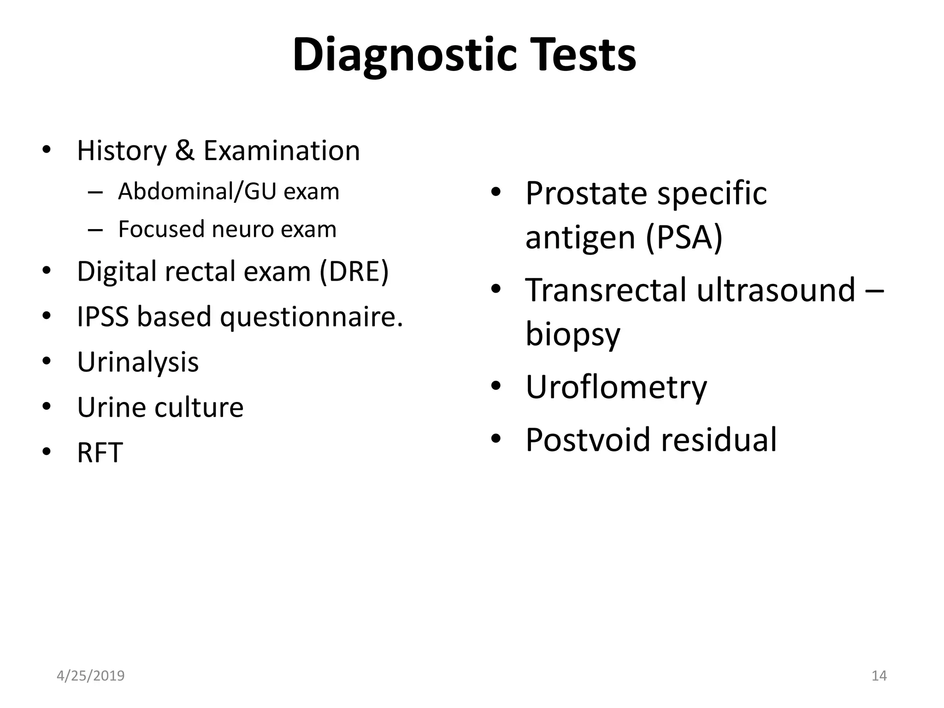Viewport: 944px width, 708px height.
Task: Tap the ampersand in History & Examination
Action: [x=185, y=151]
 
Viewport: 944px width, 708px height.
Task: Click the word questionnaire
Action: [x=312, y=318]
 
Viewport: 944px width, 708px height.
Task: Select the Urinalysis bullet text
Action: [x=138, y=362]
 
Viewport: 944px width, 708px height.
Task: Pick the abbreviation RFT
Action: [x=100, y=453]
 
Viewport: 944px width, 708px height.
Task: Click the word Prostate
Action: [x=588, y=193]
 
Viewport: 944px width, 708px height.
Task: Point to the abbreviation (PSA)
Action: [x=684, y=237]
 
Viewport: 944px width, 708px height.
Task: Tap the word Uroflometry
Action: [x=616, y=387]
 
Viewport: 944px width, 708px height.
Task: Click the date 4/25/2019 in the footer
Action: [x=91, y=676]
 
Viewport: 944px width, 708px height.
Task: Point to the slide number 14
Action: [x=879, y=676]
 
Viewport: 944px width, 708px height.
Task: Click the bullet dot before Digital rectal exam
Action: [x=46, y=271]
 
